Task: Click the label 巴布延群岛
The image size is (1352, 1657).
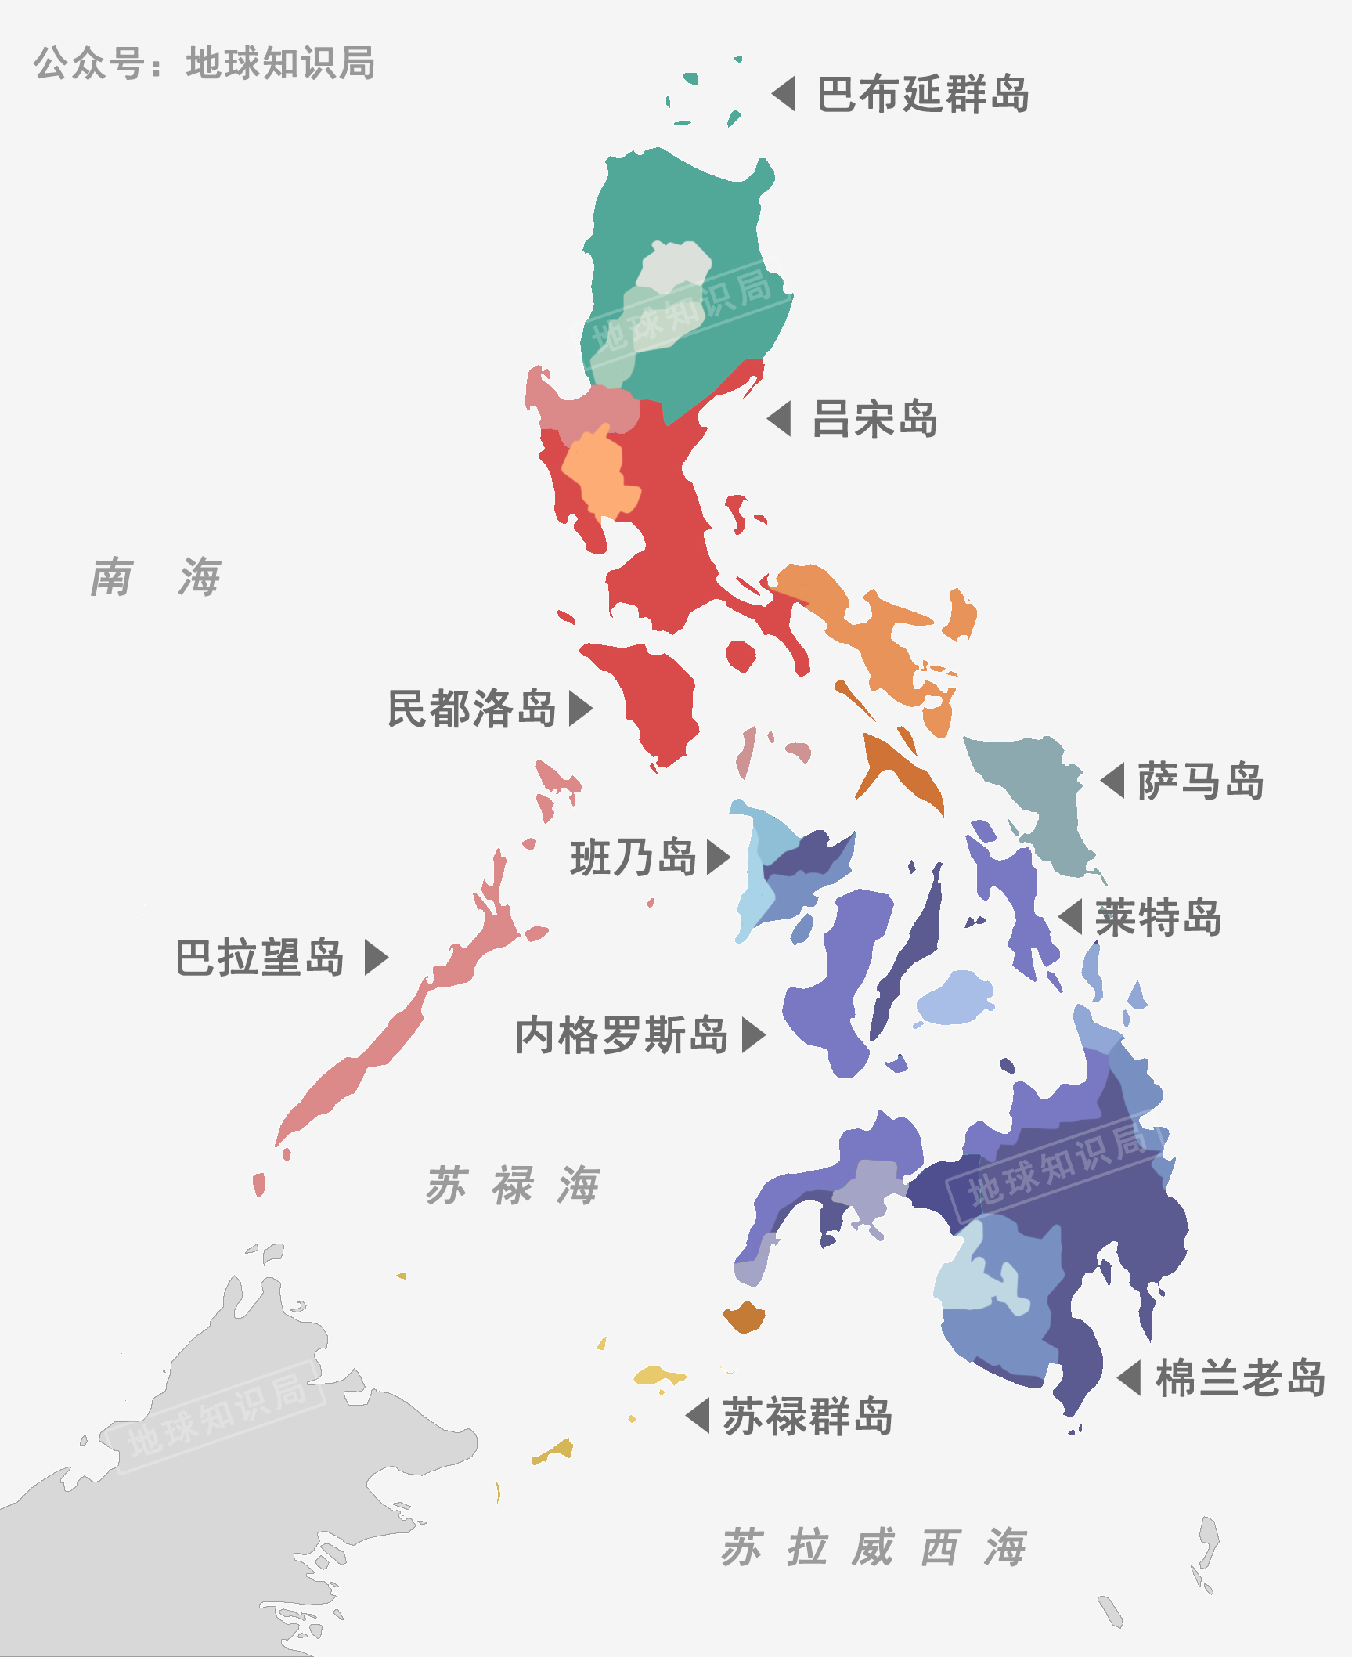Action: point(922,95)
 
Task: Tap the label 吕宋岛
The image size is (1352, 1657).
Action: point(874,419)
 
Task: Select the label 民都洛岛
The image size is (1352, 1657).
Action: point(471,709)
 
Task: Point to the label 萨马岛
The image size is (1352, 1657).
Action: point(1200,781)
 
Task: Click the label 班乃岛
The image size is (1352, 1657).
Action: point(633,857)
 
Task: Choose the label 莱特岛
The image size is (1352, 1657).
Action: point(1158,918)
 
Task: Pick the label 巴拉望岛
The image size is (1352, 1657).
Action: point(259,958)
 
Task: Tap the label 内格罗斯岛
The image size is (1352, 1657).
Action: point(622,1035)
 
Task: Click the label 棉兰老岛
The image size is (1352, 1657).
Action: point(1240,1378)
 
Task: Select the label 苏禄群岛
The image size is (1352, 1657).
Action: point(807,1416)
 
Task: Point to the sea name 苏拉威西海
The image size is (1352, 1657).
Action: point(873,1547)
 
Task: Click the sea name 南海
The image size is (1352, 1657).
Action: point(156,577)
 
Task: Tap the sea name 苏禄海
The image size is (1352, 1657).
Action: point(513,1185)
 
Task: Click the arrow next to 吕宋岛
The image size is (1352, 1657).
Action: point(781,419)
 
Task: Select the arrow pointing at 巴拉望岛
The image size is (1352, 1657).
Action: point(376,958)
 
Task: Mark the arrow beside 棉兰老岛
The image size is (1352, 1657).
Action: point(1130,1378)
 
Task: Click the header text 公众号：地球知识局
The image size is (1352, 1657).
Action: point(204,63)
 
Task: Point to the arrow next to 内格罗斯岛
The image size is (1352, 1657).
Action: point(752,1035)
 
